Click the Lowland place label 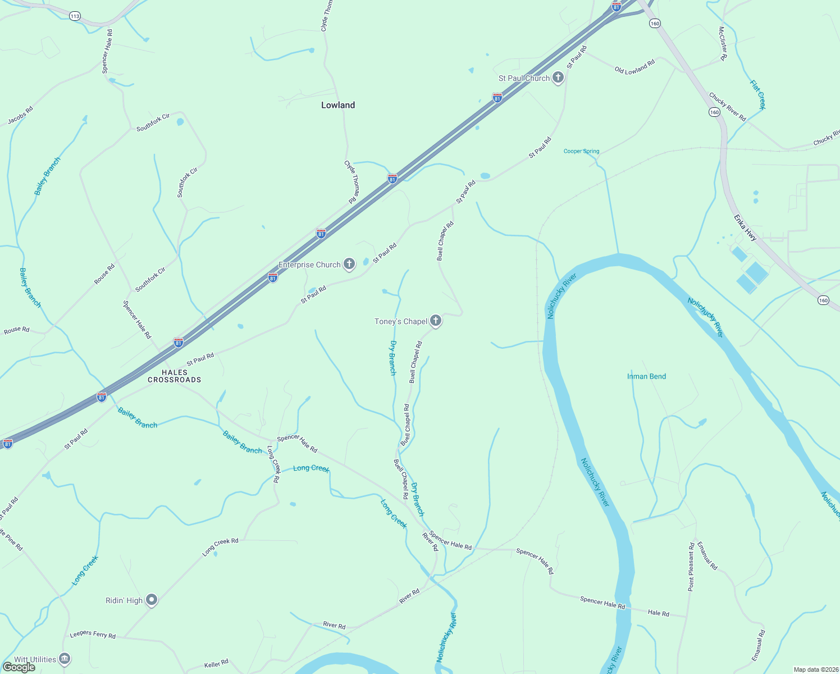[338, 105]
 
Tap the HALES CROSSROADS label [174, 376]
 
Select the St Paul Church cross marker [558, 78]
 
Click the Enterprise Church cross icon [349, 264]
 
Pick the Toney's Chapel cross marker [436, 321]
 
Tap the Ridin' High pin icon [152, 600]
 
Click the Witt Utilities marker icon [65, 658]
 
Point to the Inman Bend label [646, 376]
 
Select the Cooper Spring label [581, 151]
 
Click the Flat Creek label [757, 94]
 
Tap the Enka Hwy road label [745, 227]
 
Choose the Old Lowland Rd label [634, 67]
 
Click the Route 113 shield [75, 16]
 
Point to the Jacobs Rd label [20, 116]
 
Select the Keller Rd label [216, 663]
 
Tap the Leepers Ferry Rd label [93, 635]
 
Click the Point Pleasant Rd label [691, 566]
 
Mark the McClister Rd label [723, 43]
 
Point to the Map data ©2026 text [815, 670]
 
